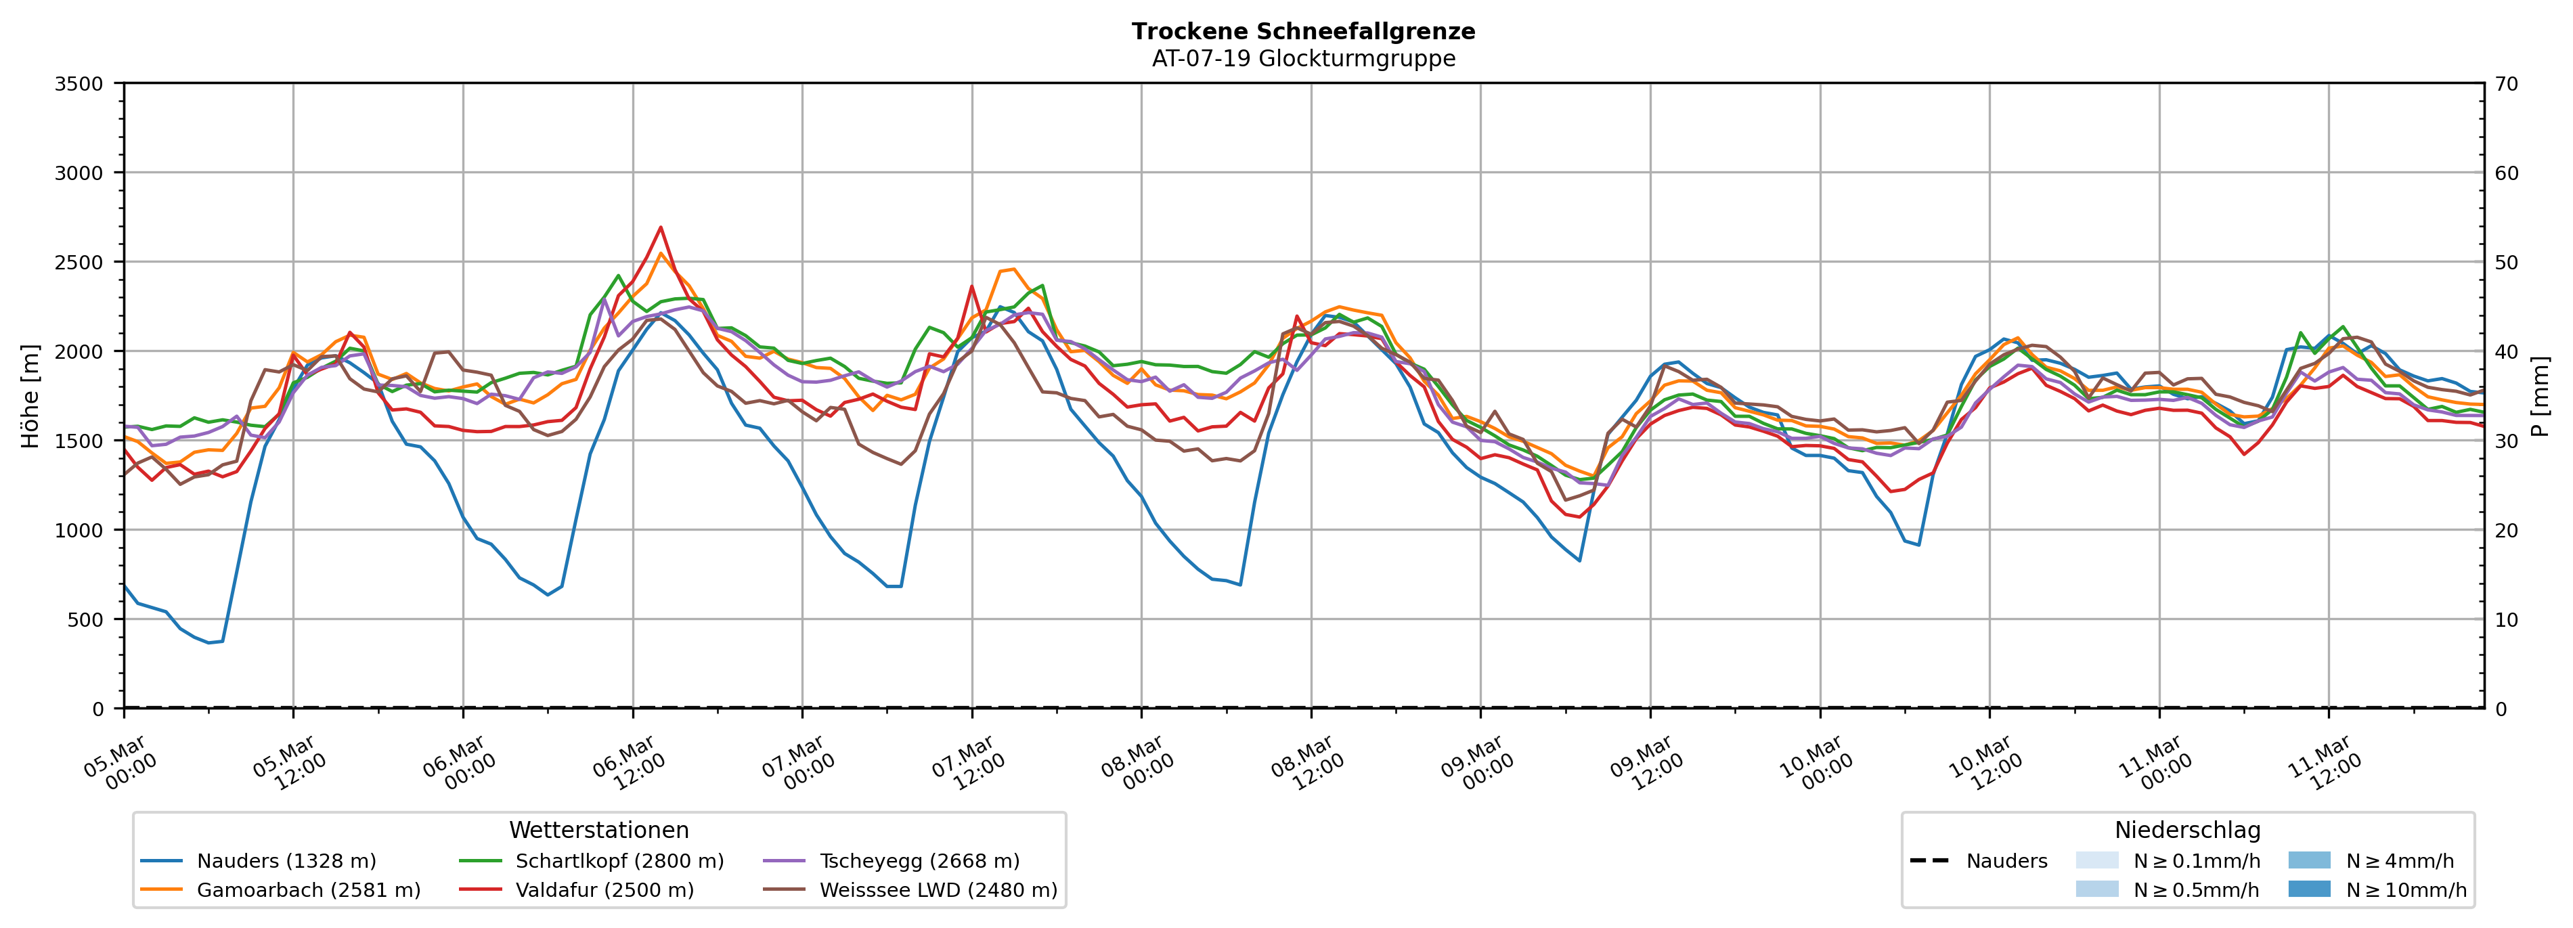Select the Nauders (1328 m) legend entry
tap(286, 861)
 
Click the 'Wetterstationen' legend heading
tap(598, 830)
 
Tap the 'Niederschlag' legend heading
tap(2186, 830)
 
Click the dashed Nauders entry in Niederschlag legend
tap(2006, 861)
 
